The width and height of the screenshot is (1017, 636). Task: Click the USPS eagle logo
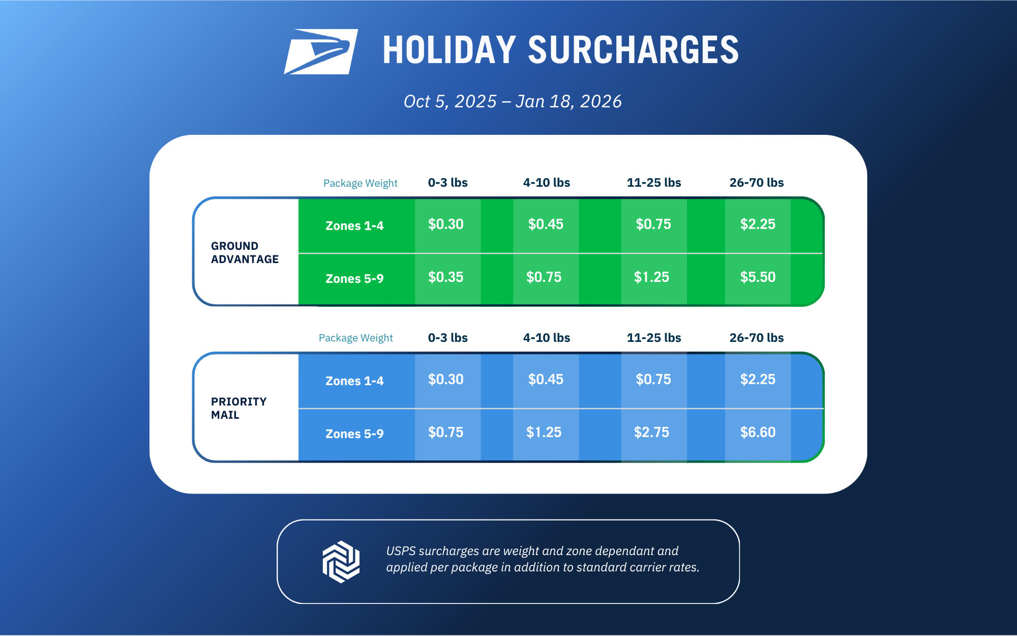[321, 51]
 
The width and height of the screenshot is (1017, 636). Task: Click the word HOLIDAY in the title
[449, 50]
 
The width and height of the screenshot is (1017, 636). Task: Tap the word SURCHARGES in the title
[633, 50]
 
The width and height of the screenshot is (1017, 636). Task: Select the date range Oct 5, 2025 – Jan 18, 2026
[513, 101]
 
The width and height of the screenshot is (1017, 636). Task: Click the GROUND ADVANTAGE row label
[245, 252]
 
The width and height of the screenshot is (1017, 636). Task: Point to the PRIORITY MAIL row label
[238, 408]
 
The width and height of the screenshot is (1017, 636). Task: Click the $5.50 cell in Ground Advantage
[758, 277]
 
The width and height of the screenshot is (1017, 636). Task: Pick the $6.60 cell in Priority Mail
[758, 432]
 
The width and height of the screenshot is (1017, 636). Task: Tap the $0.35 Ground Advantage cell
[445, 277]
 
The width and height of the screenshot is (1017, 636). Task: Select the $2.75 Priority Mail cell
[651, 432]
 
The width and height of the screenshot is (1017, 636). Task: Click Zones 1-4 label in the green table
[354, 225]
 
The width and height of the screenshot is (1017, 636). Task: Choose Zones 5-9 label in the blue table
[354, 433]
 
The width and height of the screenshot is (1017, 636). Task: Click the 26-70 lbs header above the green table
[757, 183]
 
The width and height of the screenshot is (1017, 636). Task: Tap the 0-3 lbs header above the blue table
[447, 338]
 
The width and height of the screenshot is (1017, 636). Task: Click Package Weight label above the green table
[361, 183]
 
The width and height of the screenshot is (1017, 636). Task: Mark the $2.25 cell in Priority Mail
[758, 379]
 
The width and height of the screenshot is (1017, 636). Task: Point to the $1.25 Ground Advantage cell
[651, 277]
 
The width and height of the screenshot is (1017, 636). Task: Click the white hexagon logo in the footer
[341, 562]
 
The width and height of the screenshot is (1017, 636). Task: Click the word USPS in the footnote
[401, 551]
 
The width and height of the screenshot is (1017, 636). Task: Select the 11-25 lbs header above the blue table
[654, 338]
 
